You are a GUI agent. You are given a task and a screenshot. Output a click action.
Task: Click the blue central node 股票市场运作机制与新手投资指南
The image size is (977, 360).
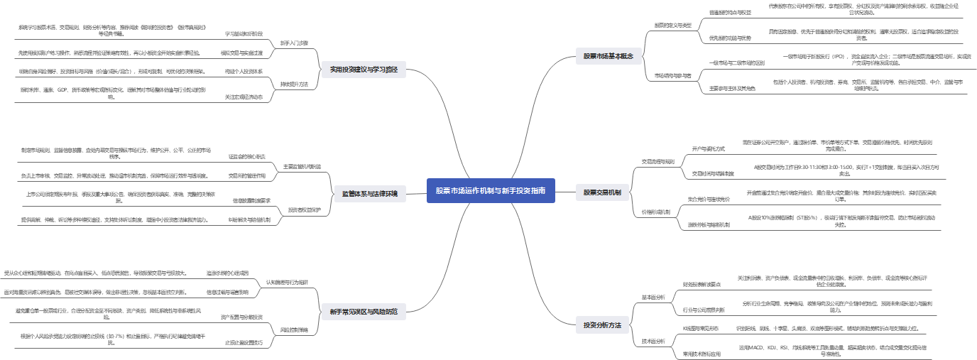pos(491,190)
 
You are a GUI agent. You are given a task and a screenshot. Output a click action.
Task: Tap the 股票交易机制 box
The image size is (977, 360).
pos(602,192)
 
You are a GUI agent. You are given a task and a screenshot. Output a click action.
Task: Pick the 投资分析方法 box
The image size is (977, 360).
pos(602,325)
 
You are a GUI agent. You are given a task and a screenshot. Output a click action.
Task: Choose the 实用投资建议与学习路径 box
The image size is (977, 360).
pos(364,70)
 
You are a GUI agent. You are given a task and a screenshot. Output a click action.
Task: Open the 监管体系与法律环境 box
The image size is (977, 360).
pos(370,193)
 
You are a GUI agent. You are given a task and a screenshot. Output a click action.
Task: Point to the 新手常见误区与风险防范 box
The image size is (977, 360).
pos(364,312)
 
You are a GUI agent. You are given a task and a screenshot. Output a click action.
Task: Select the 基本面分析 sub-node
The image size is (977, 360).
pos(654,297)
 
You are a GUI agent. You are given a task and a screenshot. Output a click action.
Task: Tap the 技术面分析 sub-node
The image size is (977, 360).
pos(654,341)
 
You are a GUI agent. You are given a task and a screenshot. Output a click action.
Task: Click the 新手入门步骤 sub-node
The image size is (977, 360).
pos(294,43)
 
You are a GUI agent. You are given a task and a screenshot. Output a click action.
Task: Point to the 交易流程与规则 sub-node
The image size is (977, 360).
pos(657,161)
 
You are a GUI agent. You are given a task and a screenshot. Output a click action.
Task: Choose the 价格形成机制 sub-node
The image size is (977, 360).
pos(655,212)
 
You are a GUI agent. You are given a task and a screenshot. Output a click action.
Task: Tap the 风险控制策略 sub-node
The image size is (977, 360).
pos(293,329)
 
